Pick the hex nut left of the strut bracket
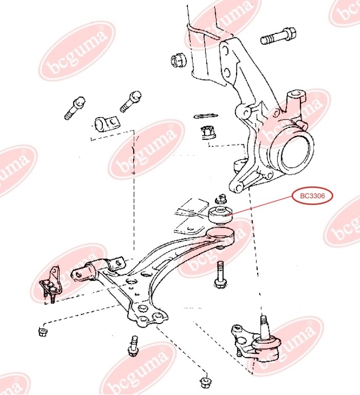pyautogui.click(x=178, y=60)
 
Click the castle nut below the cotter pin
pyautogui.click(x=207, y=133)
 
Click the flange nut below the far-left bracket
pyautogui.click(x=43, y=331)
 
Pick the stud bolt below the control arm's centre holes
pyautogui.click(x=134, y=347)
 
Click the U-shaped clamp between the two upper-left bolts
pyautogui.click(x=106, y=124)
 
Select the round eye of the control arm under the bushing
pyautogui.click(x=223, y=238)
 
